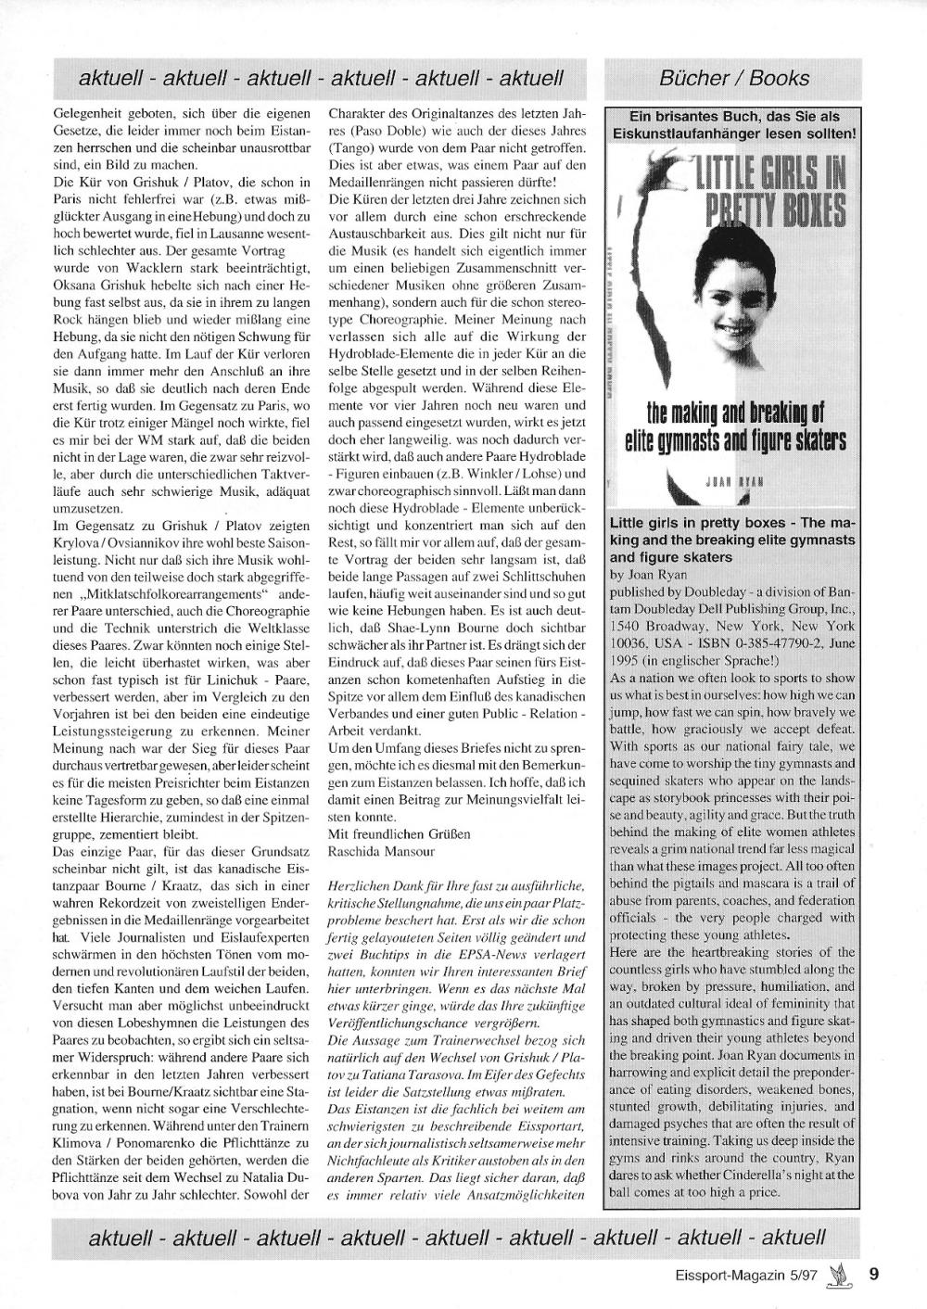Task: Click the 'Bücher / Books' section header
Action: pyautogui.click(x=734, y=79)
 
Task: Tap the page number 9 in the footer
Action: pyautogui.click(x=873, y=1273)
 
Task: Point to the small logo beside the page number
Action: pyautogui.click(x=839, y=1273)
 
